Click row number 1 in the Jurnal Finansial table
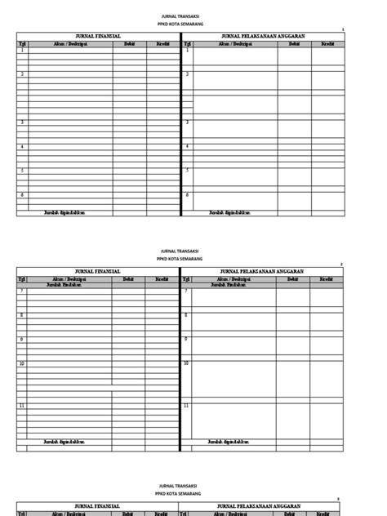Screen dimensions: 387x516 [22, 51]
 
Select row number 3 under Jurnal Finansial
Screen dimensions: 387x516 [22, 122]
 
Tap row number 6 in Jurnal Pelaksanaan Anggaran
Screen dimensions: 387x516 [188, 195]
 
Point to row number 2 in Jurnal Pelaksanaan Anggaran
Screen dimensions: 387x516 [188, 74]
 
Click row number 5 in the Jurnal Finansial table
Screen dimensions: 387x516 [22, 171]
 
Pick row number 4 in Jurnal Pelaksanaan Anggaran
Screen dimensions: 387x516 [188, 147]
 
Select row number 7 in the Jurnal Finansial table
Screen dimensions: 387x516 [22, 291]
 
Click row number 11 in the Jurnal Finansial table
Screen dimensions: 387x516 [22, 406]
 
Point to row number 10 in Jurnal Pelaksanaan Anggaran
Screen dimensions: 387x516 [187, 363]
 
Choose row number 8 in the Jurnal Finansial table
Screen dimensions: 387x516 [22, 315]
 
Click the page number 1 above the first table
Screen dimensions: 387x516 [343, 29]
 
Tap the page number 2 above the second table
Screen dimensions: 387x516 [342, 265]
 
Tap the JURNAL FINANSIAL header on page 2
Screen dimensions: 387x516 [98, 271]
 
